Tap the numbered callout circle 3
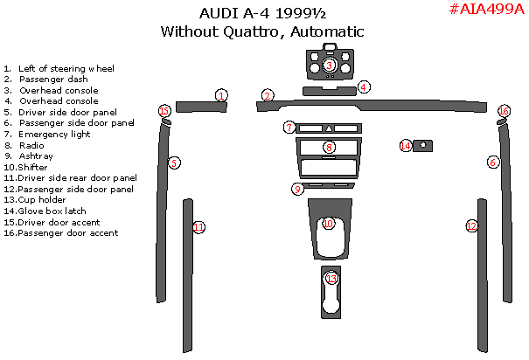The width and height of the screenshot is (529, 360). pos(330,65)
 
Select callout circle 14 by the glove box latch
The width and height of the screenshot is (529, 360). pos(405,146)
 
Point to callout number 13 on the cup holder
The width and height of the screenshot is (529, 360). pos(331,279)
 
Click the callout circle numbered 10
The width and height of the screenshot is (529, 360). pos(328,224)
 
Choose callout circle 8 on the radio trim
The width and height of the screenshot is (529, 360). pos(328,148)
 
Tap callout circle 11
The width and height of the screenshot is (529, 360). pos(199,227)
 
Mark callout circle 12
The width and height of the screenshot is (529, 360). pos(471,226)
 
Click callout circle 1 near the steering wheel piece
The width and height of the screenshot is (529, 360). pos(222,95)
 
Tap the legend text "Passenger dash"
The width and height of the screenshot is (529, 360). pos(52,79)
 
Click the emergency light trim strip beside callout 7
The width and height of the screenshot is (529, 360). pos(329,128)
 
